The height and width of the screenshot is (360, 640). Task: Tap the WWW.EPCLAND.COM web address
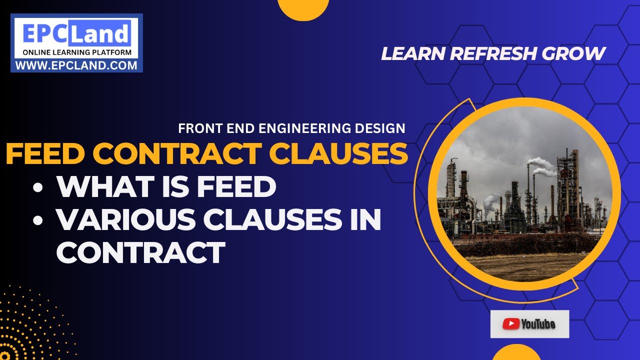76,65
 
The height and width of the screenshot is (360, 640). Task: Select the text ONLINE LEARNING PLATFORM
76,52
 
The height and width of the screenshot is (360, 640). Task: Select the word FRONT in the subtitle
197,128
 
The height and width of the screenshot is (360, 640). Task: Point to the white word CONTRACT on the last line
140,252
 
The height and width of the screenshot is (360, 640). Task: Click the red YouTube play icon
510,324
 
